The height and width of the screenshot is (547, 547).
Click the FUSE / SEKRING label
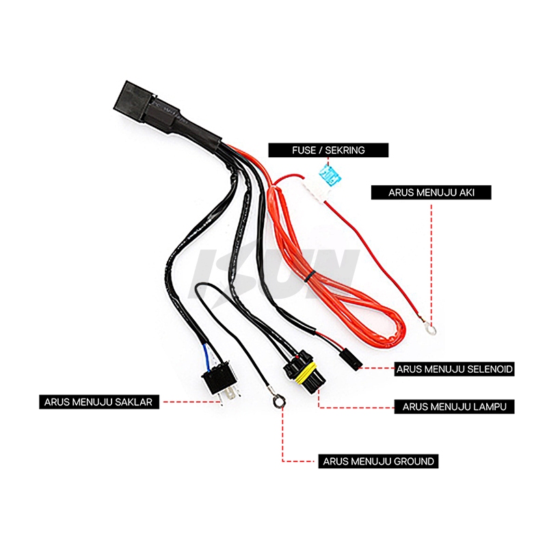coord(328,150)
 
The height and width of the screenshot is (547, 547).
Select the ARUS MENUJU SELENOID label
coord(455,369)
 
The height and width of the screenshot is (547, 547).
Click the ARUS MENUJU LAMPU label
coord(455,406)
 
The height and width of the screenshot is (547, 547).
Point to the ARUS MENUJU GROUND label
coord(378,461)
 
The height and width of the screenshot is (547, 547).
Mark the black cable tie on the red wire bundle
coord(310,277)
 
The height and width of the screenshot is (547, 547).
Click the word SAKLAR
coord(138,402)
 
